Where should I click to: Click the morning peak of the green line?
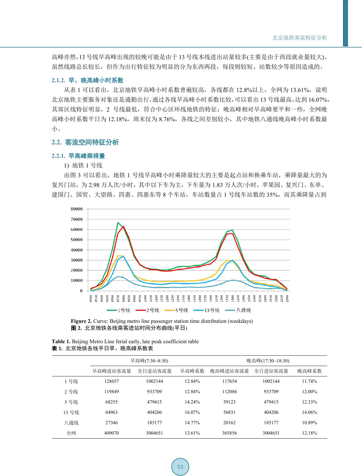(118, 223)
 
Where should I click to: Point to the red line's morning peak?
(123, 226)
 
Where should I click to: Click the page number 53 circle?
(180, 467)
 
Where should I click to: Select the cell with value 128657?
(112, 381)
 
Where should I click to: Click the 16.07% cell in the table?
(192, 412)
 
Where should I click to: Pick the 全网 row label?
(71, 433)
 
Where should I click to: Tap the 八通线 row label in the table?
(71, 423)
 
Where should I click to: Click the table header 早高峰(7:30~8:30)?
(149, 361)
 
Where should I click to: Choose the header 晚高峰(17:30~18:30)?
(268, 361)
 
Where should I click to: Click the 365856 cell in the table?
(229, 433)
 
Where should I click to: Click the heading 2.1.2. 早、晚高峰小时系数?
(88, 80)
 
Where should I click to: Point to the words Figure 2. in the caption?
(81, 321)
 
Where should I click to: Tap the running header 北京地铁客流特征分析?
(299, 38)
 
